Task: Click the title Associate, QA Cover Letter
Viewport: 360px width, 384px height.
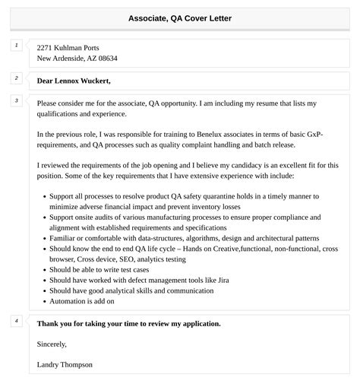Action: pyautogui.click(x=180, y=17)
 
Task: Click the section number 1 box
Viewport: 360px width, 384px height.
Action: pyautogui.click(x=16, y=46)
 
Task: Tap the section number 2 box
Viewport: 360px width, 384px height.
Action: pyautogui.click(x=16, y=78)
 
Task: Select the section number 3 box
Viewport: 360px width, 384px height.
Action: pyautogui.click(x=16, y=100)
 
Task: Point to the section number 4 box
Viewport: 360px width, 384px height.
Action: pyautogui.click(x=16, y=321)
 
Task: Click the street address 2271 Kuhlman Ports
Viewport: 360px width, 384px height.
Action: pyautogui.click(x=68, y=48)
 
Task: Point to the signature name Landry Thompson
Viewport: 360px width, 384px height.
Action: pyautogui.click(x=65, y=364)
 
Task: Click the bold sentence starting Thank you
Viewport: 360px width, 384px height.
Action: pyautogui.click(x=128, y=323)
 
